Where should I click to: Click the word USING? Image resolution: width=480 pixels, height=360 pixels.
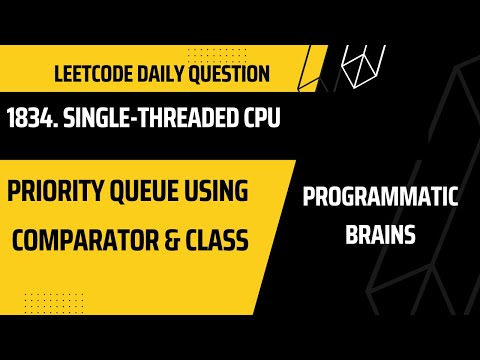tap(252, 190)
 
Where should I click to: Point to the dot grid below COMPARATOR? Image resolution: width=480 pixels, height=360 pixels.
tap(45, 300)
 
